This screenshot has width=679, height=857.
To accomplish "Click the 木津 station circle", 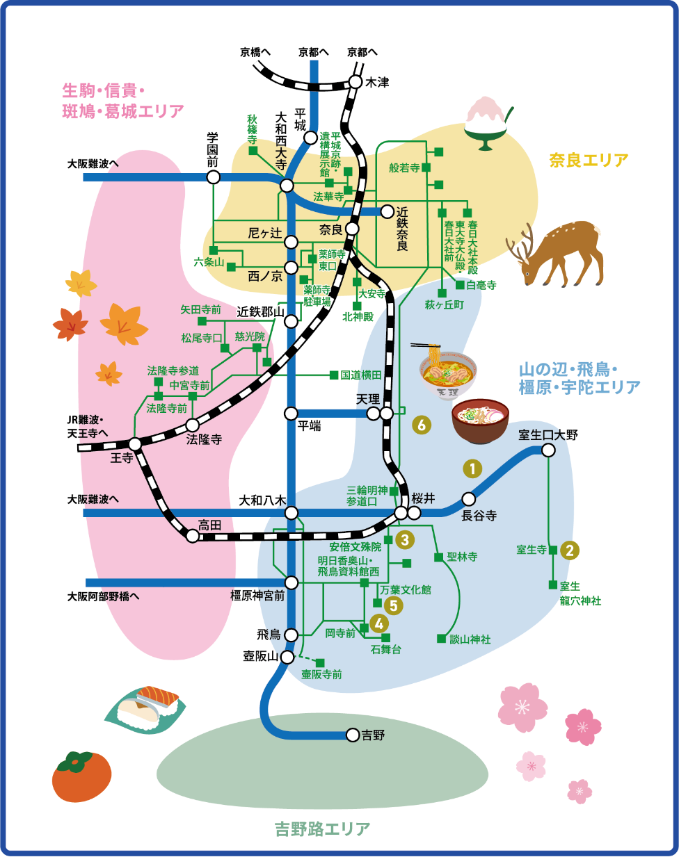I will tap(356, 82).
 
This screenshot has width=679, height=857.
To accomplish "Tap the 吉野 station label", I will tap(373, 735).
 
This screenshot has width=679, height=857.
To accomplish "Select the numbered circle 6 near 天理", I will tap(421, 424).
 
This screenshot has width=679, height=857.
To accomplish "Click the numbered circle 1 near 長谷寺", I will tap(472, 468).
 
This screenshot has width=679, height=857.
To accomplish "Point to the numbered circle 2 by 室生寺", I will tap(570, 550).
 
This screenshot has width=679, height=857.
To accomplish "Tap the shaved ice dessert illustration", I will tap(486, 122).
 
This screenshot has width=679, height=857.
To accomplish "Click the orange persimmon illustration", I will tap(82, 776).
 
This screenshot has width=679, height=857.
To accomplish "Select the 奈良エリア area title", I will tap(589, 161).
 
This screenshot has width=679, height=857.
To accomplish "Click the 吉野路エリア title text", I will tap(322, 829).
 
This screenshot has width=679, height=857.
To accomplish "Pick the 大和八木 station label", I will tap(262, 500).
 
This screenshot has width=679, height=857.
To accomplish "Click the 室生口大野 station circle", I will tap(548, 450).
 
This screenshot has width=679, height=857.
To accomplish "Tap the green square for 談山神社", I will tap(441, 638).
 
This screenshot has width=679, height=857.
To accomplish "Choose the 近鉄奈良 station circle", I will tap(387, 211).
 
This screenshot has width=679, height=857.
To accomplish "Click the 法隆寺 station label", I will tap(204, 439).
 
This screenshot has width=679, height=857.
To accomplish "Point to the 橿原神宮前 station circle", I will tap(291, 582).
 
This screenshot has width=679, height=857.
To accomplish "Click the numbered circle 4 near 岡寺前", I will tap(379, 623).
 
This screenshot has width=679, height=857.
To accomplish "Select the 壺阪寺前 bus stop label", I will tap(321, 674).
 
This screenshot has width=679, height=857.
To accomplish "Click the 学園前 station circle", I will tap(214, 177).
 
